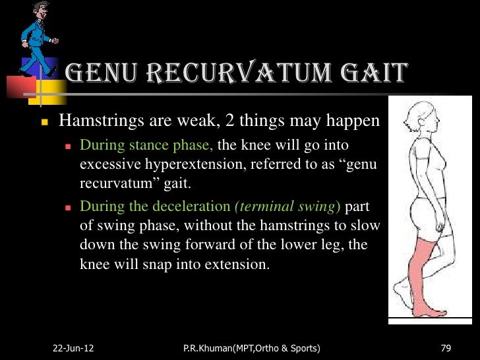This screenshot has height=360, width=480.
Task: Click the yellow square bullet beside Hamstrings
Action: [x=44, y=123]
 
